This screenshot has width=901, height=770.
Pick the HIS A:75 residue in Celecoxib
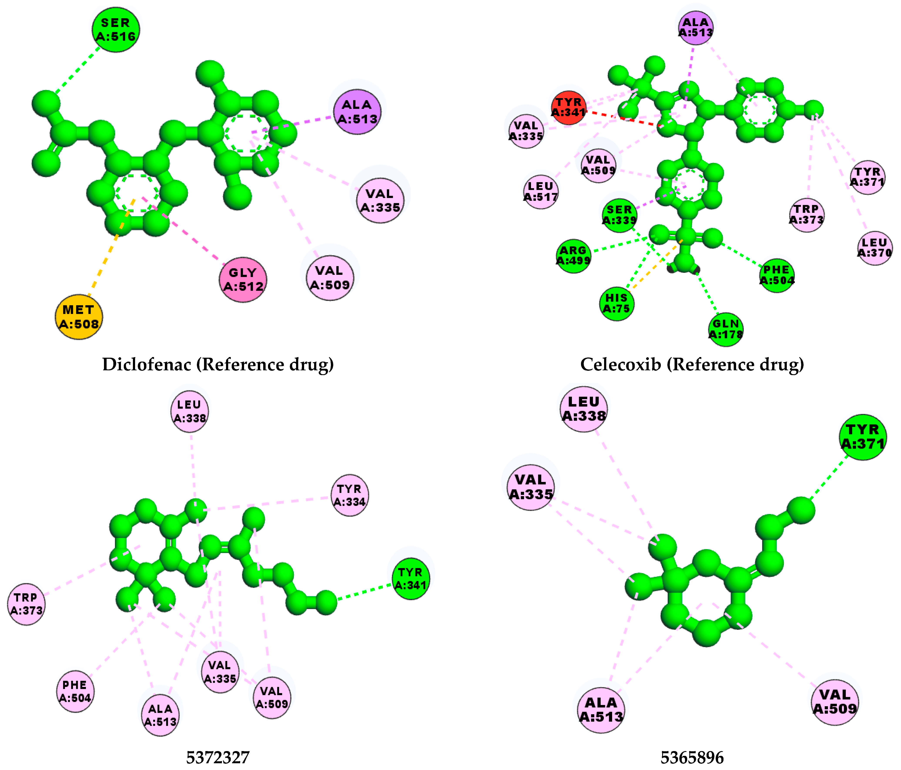pyautogui.click(x=617, y=303)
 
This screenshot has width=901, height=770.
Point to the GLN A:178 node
pyautogui.click(x=725, y=329)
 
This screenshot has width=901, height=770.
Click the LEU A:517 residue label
pyautogui.click(x=541, y=191)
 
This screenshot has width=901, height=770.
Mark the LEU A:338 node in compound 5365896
pyautogui.click(x=584, y=409)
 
